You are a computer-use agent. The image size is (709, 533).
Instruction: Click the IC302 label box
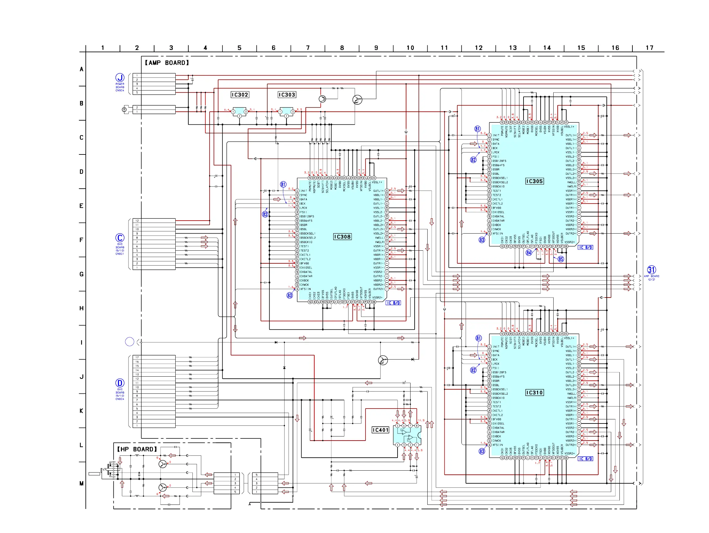240,95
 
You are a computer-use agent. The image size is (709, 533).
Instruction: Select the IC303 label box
286,95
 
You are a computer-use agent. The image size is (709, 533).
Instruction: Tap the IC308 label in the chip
342,237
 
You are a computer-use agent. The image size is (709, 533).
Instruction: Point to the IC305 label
534,181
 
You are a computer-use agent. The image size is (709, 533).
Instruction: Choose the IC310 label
534,392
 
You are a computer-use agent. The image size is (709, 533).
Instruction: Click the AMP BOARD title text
167,63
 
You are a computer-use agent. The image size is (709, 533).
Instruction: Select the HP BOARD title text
137,449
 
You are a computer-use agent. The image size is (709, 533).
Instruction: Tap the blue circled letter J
120,78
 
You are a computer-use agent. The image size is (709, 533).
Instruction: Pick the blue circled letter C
120,238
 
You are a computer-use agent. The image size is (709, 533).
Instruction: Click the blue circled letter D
120,383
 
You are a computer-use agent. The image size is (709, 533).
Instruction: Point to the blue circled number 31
652,270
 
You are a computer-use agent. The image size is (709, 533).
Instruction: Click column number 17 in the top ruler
649,48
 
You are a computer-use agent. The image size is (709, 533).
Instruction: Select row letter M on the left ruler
81,484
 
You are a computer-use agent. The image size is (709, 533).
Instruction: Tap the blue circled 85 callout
561,259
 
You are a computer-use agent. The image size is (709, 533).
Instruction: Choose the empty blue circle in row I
129,342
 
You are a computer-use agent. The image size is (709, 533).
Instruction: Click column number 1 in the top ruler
103,48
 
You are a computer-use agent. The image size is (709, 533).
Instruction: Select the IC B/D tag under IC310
585,459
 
